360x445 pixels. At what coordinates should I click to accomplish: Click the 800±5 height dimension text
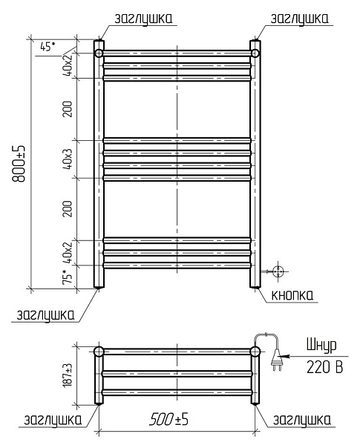(19, 163)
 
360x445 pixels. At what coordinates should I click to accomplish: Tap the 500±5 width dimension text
(168, 419)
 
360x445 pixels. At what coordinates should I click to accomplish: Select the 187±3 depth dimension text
(68, 375)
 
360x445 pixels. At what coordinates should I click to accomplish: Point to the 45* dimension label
(48, 46)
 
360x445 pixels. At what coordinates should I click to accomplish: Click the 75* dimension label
(68, 276)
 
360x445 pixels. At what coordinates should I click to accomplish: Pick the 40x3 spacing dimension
(68, 159)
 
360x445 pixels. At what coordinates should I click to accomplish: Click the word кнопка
(292, 295)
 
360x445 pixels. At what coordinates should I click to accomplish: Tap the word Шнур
(321, 346)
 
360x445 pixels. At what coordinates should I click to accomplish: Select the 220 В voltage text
(325, 367)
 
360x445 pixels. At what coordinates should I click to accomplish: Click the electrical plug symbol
(276, 360)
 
